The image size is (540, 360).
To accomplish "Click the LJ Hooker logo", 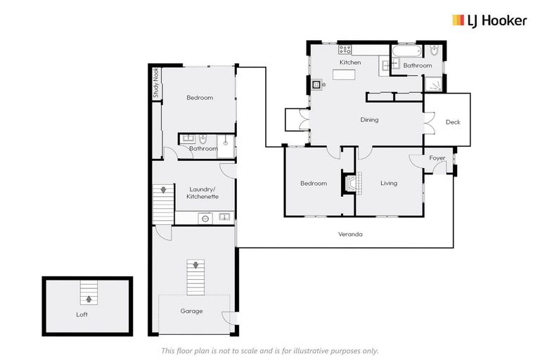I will (x=489, y=20).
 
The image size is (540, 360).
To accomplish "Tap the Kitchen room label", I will (x=350, y=63).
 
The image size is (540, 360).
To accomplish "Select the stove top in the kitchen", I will (x=345, y=49).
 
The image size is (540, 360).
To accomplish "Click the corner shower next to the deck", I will (x=434, y=84).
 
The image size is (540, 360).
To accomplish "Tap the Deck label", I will (x=453, y=122).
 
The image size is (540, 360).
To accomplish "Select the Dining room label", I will (x=369, y=120).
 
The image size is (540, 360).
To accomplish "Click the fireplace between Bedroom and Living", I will (x=350, y=184).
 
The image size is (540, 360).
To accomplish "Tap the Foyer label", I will (x=437, y=158).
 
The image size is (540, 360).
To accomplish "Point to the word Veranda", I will (x=349, y=234).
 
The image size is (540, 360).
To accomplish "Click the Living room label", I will (x=389, y=184).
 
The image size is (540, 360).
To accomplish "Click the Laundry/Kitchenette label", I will (x=201, y=193).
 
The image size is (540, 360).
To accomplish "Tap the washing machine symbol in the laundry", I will (x=205, y=218).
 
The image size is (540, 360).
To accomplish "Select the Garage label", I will (x=191, y=311).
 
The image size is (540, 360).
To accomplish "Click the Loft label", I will (x=82, y=314).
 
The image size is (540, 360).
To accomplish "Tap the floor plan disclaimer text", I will (x=270, y=350).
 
